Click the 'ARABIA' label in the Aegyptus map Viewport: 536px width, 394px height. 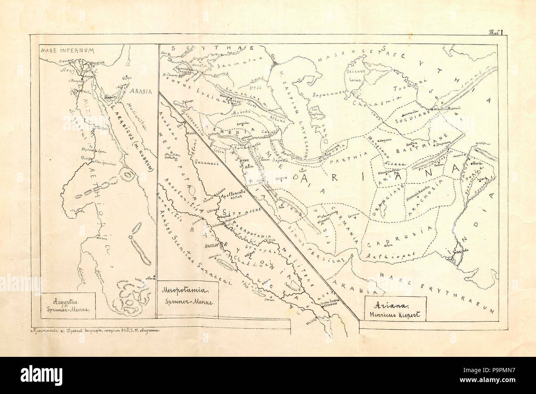tap(139, 91)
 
